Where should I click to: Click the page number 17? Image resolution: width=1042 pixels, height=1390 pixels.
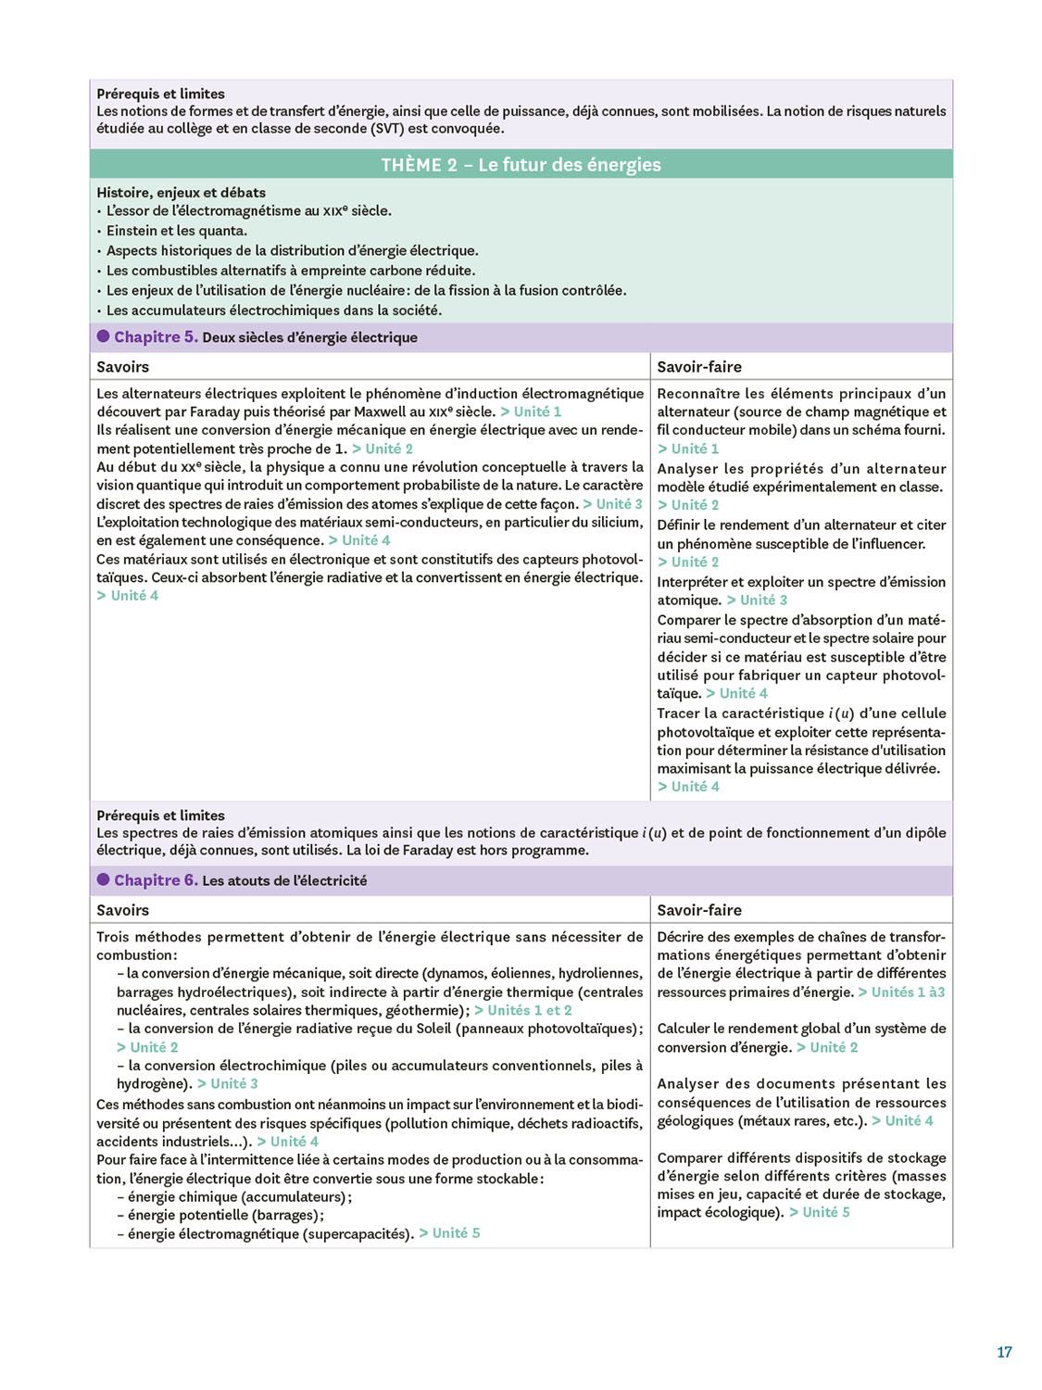pyautogui.click(x=1004, y=1352)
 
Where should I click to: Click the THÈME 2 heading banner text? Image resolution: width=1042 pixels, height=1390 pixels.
pyautogui.click(x=521, y=165)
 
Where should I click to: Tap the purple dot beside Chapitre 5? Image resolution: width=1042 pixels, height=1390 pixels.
pyautogui.click(x=104, y=336)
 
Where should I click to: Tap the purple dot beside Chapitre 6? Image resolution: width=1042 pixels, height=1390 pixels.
pyautogui.click(x=104, y=879)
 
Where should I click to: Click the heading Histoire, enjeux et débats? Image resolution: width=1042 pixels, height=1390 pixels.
pyautogui.click(x=181, y=193)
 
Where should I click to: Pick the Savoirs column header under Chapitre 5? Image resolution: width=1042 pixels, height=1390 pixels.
pyautogui.click(x=122, y=367)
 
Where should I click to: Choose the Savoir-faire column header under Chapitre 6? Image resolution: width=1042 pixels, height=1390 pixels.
pyautogui.click(x=699, y=910)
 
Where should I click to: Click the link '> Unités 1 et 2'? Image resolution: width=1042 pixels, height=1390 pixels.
pyautogui.click(x=523, y=1010)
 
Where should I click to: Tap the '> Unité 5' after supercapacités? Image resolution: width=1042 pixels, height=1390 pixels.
pyautogui.click(x=449, y=1233)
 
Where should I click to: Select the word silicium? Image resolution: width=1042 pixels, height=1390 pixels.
pyautogui.click(x=616, y=523)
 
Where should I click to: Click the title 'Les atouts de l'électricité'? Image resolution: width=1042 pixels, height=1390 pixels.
pyautogui.click(x=284, y=880)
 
